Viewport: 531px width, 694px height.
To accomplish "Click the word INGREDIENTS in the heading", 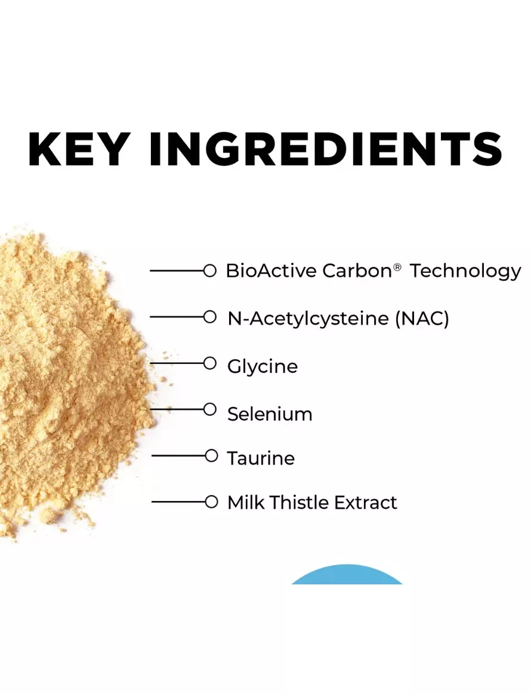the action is pos(326,149).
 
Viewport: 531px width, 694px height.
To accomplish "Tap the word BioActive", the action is pos(271,270).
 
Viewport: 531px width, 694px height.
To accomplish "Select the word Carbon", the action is pos(357,270).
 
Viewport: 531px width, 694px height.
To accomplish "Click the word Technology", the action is pos(465,271).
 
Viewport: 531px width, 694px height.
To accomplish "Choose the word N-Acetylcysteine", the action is pos(308,318).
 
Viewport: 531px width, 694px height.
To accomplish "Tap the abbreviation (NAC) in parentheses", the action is pos(422,318).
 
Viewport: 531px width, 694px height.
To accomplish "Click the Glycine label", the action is pos(263,366).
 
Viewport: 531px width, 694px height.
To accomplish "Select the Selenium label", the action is pos(270,414).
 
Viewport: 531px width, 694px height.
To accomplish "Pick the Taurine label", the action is pos(261,458).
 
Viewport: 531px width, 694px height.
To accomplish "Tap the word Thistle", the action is pos(299,502).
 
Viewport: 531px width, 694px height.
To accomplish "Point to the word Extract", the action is pos(365,502).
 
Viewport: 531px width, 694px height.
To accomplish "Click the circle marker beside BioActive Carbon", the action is pos(209,270).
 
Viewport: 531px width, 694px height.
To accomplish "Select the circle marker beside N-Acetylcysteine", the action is pos(209,317).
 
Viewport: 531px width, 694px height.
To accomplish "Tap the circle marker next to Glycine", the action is pos(209,363).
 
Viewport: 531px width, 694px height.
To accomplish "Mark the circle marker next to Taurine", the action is pos(211,456).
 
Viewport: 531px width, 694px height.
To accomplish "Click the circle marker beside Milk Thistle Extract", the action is pos(211,502).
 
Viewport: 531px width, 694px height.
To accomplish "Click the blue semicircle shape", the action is pos(347,575).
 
